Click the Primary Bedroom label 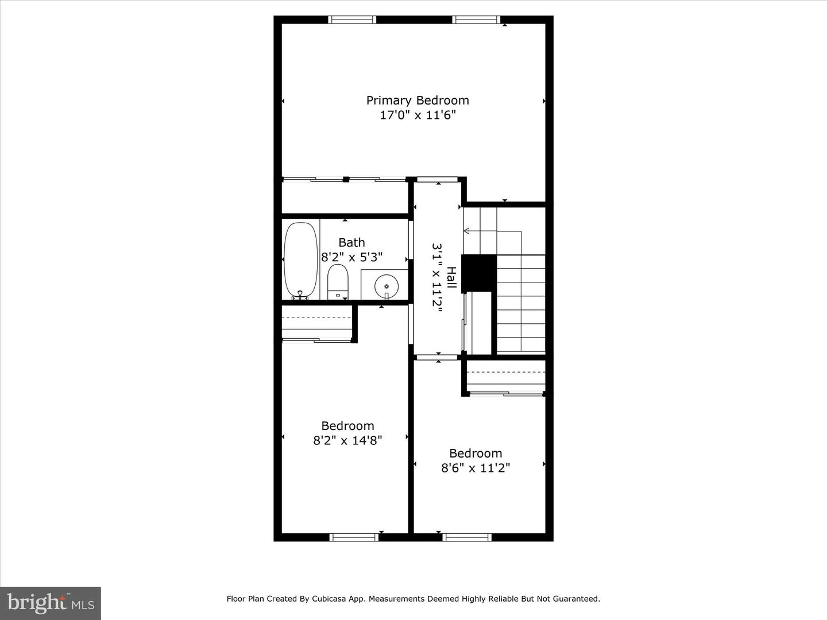[418, 100]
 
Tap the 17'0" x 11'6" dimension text [418, 115]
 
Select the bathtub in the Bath [300, 259]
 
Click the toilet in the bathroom [338, 281]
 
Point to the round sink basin [386, 285]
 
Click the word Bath [351, 242]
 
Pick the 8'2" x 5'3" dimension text [351, 257]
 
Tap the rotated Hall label [452, 278]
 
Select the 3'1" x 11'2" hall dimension [438, 278]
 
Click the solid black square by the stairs [479, 273]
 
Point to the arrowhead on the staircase [466, 231]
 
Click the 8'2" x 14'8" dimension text [347, 440]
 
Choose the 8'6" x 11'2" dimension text [476, 468]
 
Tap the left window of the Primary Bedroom [352, 20]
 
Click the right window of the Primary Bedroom [476, 20]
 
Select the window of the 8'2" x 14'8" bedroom [354, 537]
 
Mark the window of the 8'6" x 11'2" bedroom [467, 537]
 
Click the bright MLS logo [51, 603]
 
